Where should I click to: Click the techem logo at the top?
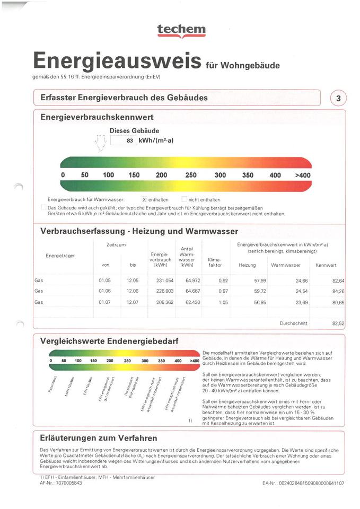click(x=181, y=31)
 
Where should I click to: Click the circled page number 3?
click(x=338, y=99)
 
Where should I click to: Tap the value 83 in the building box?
click(x=129, y=141)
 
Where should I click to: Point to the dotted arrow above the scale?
click(x=100, y=142)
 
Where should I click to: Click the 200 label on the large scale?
click(x=161, y=175)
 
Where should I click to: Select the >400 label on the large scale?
click(x=303, y=175)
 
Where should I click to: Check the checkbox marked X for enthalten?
click(x=144, y=199)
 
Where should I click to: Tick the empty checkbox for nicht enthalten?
click(x=185, y=199)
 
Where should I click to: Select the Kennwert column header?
click(x=326, y=265)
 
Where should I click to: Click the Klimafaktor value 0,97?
click(x=223, y=291)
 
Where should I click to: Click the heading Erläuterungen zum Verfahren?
click(x=99, y=438)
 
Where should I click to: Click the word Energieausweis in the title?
click(x=117, y=62)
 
